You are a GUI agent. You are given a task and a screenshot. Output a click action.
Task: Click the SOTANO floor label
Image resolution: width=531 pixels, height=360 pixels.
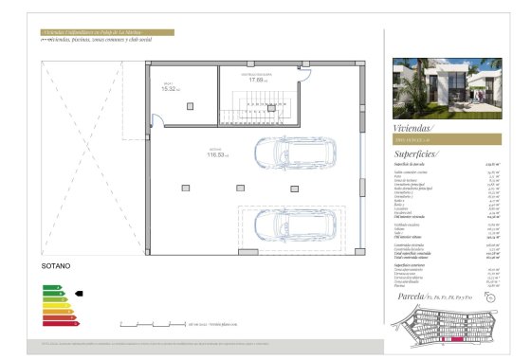click(x=57, y=268)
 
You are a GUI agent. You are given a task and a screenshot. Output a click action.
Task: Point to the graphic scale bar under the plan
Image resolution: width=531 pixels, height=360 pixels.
click(x=219, y=323)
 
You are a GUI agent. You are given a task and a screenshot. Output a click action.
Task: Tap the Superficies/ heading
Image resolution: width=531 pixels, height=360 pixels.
click(x=419, y=153)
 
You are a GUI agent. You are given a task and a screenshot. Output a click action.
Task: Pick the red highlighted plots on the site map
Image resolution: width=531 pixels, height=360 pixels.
click(x=446, y=333)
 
